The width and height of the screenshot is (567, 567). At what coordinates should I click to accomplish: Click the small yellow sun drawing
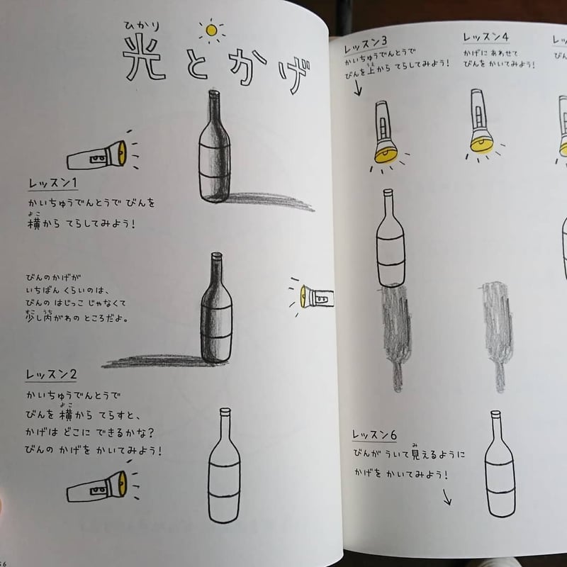point(210,30)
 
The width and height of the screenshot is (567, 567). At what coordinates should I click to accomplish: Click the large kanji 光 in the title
point(145,57)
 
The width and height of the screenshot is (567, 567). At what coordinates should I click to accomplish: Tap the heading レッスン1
point(52,184)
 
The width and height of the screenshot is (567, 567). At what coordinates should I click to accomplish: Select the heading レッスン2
point(52,375)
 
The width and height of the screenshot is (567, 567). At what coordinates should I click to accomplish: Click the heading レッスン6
point(375,434)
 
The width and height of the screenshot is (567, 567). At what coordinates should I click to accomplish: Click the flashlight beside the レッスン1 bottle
point(98,155)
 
